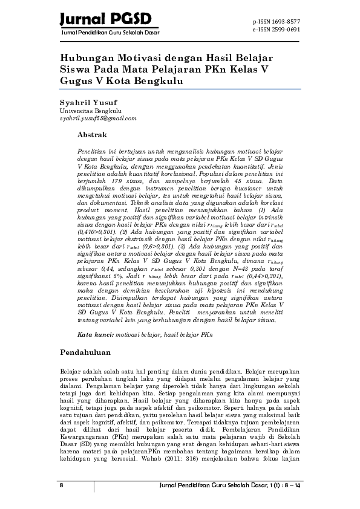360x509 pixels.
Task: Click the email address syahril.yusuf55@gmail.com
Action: tap(98, 118)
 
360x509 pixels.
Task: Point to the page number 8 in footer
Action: tap(61, 486)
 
